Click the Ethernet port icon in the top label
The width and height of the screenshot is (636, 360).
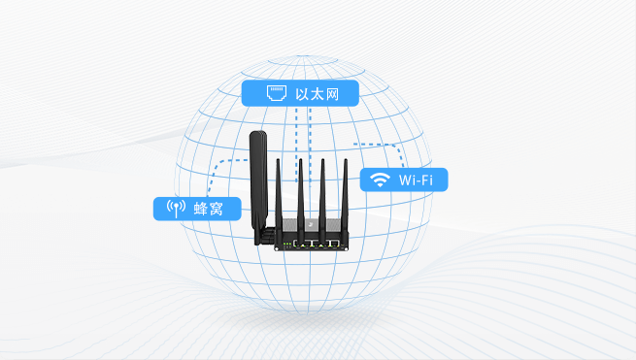275,94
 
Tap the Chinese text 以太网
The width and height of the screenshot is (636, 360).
316,94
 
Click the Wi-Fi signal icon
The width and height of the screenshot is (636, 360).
380,180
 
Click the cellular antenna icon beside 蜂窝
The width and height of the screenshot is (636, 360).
175,208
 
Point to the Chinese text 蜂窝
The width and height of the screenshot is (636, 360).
210,208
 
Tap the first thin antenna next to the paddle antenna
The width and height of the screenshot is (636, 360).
278,194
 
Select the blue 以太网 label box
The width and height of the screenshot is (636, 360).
300,94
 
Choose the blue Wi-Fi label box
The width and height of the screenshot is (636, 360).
404,180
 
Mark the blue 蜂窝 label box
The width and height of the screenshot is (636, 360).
196,208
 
